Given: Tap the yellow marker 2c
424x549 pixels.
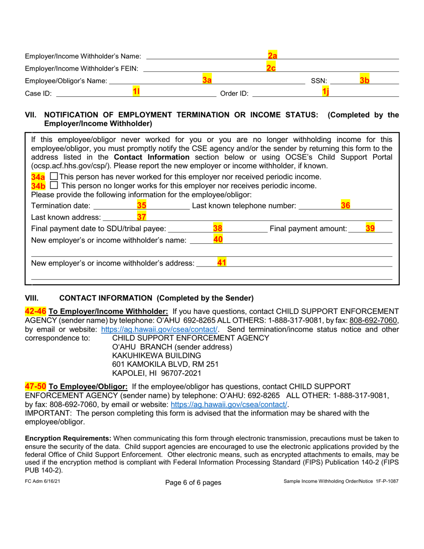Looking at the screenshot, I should click(270, 68).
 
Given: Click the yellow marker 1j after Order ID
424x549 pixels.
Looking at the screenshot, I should click(325, 92).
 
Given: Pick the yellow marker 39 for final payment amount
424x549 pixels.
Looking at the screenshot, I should click(370, 229).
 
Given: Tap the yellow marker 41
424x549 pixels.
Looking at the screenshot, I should click(221, 263).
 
